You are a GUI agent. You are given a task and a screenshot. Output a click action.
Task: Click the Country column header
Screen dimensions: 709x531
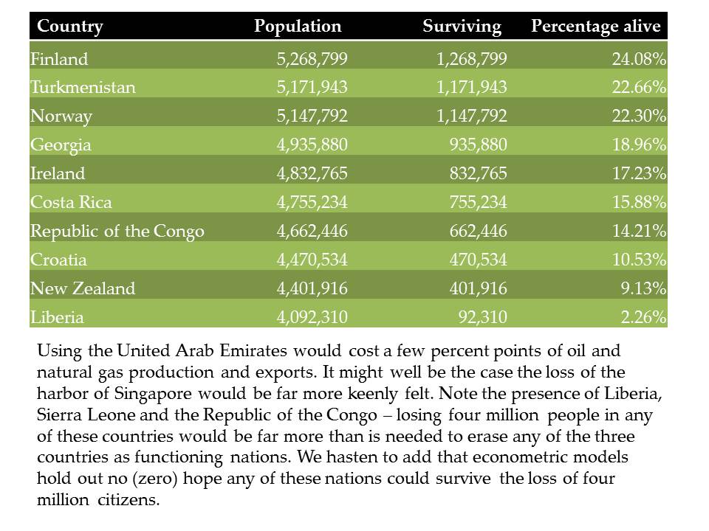pyautogui.click(x=70, y=27)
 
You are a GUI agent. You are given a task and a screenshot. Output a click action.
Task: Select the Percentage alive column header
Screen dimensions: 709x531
pyautogui.click(x=596, y=27)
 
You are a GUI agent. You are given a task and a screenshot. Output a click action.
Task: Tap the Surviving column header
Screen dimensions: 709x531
pyautogui.click(x=462, y=27)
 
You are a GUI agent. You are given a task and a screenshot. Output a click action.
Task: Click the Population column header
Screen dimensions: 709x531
pyautogui.click(x=298, y=27)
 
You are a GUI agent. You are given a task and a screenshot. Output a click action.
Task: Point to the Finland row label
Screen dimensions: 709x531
pyautogui.click(x=59, y=59)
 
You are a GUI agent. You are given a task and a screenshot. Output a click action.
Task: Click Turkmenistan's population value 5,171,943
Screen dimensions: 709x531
pyautogui.click(x=312, y=87)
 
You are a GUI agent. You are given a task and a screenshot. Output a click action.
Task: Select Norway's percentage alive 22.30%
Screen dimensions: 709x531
pyautogui.click(x=639, y=116)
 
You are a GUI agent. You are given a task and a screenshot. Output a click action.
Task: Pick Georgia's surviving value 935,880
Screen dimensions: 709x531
pyautogui.click(x=479, y=145)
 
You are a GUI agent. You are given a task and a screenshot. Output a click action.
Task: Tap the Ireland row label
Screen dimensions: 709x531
pyautogui.click(x=58, y=173)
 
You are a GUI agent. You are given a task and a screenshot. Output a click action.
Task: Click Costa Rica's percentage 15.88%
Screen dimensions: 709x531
pyautogui.click(x=639, y=202)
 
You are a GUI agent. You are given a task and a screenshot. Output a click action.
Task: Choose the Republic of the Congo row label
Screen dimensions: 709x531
pyautogui.click(x=117, y=231)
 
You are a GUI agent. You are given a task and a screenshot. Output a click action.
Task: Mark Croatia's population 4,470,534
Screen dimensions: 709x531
pyautogui.click(x=312, y=260)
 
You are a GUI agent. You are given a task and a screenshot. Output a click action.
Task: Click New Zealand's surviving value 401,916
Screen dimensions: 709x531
pyautogui.click(x=479, y=288)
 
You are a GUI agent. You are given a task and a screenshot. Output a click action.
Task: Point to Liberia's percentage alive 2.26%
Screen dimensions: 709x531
pyautogui.click(x=643, y=317)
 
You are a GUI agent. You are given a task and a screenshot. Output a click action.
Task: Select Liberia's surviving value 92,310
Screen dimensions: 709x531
pyautogui.click(x=482, y=317)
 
